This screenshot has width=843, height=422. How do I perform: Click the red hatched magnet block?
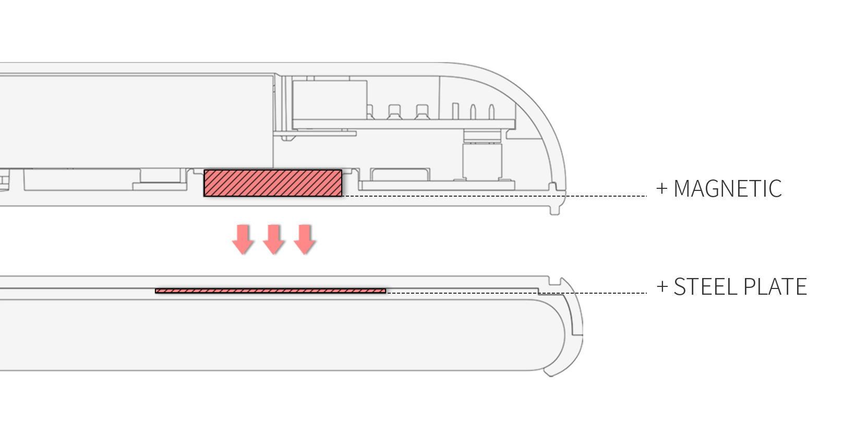[x=273, y=183]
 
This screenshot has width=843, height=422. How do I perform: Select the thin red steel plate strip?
[x=271, y=291]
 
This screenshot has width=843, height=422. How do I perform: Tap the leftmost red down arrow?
[x=243, y=239]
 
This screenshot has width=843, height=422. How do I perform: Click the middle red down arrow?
[x=273, y=239]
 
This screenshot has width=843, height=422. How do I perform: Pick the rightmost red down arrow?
[x=305, y=239]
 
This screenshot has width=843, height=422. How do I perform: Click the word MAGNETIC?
[x=728, y=188]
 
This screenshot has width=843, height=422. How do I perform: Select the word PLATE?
[x=776, y=286]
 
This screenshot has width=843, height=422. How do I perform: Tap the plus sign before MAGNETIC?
[x=662, y=188]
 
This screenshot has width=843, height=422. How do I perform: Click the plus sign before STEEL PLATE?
[x=662, y=286]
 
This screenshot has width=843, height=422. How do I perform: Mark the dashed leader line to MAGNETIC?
[x=495, y=196]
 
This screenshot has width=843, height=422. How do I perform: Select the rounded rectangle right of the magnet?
[x=400, y=174]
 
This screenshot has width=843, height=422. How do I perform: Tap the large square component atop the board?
[x=330, y=100]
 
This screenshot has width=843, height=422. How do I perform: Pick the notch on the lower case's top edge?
[x=555, y=281]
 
